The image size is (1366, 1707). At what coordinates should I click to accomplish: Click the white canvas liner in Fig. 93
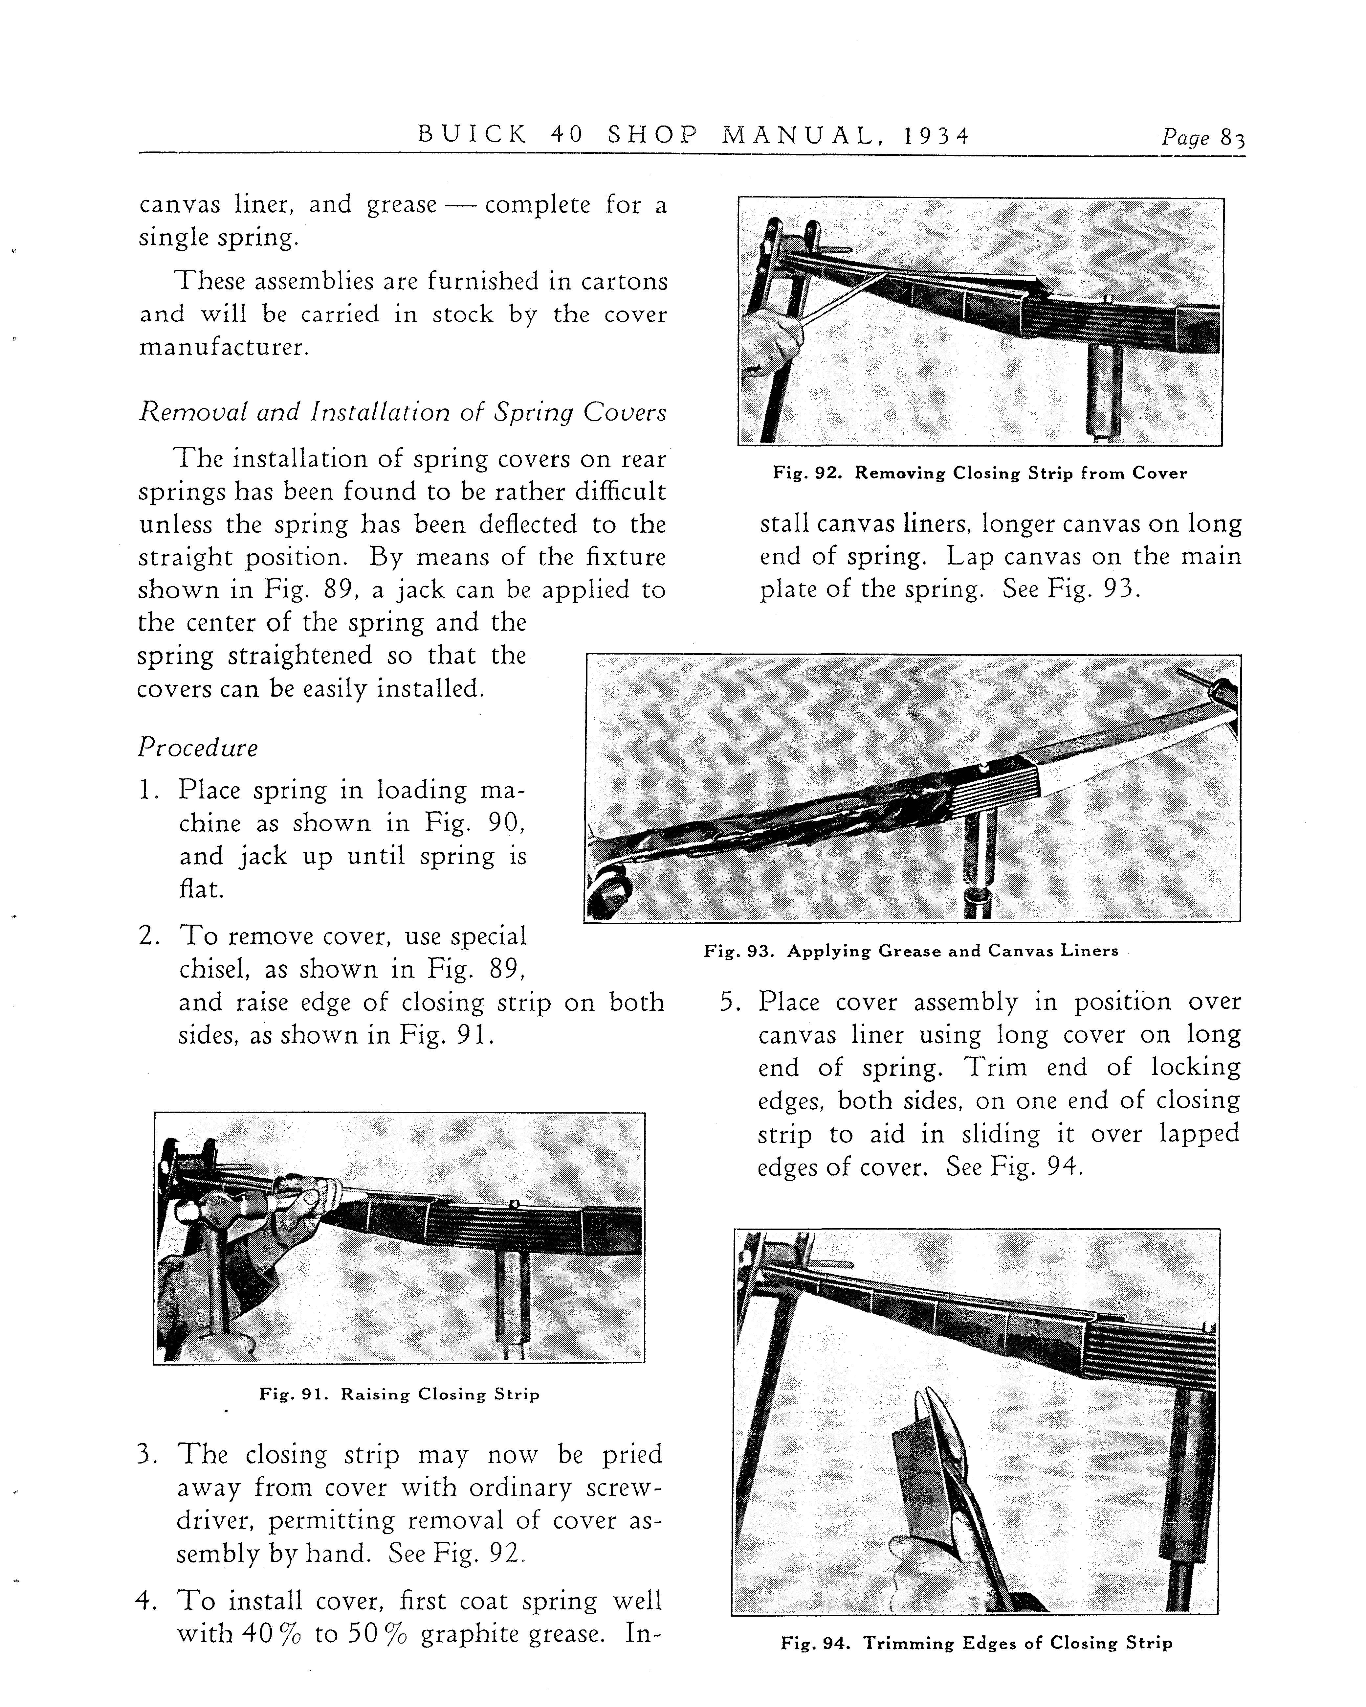[1108, 760]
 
